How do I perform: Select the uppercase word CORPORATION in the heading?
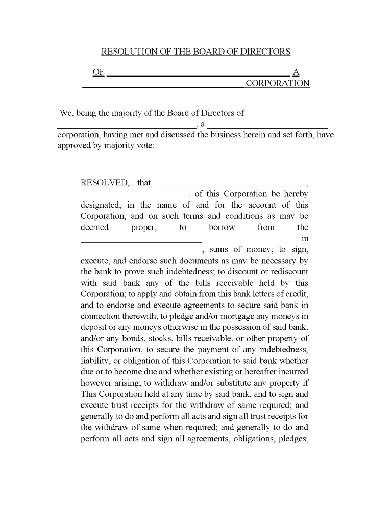[x=278, y=83]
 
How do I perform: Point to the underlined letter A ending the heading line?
[x=296, y=72]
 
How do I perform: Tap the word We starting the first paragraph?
[x=66, y=113]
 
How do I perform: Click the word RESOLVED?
[x=105, y=183]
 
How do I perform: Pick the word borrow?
[x=222, y=227]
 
